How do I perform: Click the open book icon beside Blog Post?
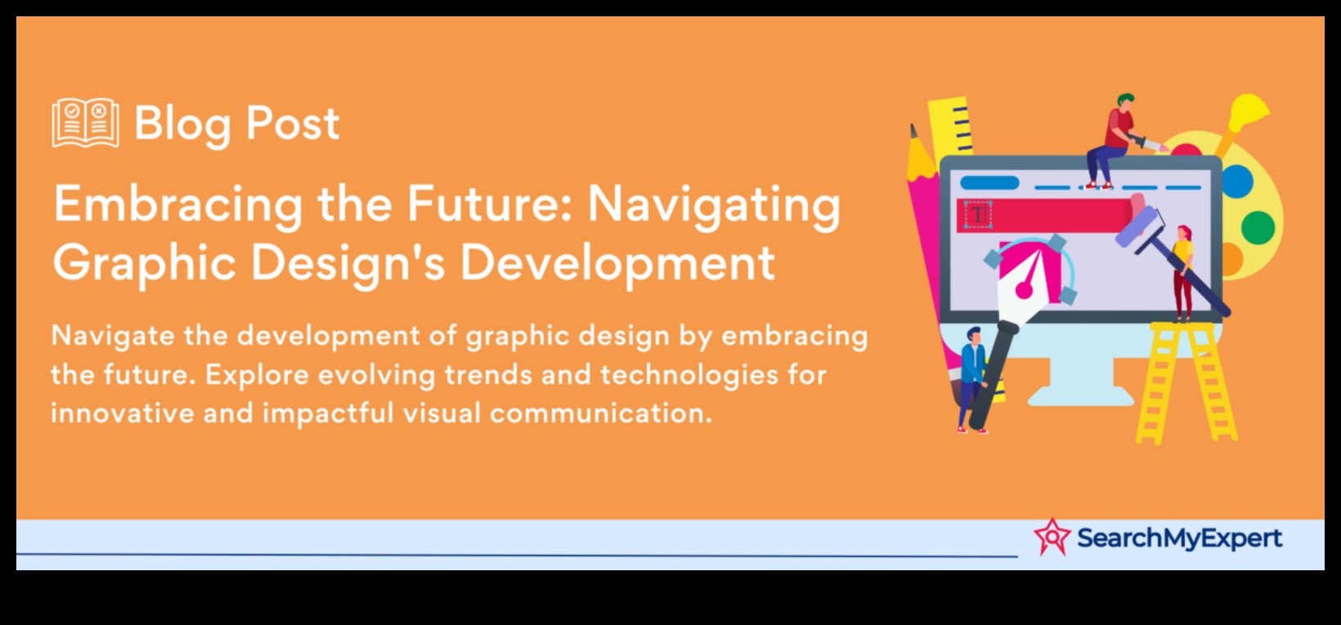[85, 123]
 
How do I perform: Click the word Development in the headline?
[617, 263]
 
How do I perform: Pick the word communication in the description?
[601, 413]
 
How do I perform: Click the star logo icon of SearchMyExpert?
[1052, 537]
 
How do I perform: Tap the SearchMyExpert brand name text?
[1179, 538]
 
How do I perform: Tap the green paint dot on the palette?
[1258, 227]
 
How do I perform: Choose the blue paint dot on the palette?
[1237, 181]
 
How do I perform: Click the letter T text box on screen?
[978, 215]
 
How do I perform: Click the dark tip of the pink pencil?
[913, 132]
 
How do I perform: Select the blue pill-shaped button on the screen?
[989, 182]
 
